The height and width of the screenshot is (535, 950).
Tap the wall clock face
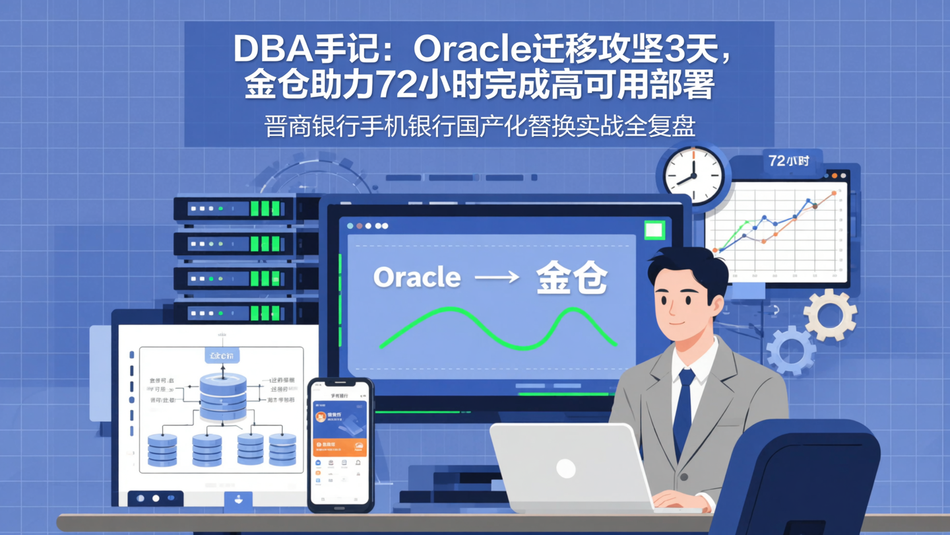pyautogui.click(x=693, y=175)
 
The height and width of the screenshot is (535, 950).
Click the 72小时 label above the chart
pyautogui.click(x=788, y=160)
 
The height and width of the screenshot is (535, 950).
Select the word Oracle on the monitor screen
pyautogui.click(x=417, y=277)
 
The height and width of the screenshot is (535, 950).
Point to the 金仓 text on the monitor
pyautogui.click(x=571, y=277)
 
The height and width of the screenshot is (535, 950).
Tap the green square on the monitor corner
pyautogui.click(x=654, y=230)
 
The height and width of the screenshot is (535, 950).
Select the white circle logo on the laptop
pyautogui.click(x=565, y=468)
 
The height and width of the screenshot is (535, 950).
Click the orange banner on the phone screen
pyautogui.click(x=340, y=447)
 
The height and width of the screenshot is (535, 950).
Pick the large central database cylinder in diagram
pyautogui.click(x=222, y=396)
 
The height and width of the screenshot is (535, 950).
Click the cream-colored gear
pyautogui.click(x=830, y=314)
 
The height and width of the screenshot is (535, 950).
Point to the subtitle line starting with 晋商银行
pyautogui.click(x=480, y=125)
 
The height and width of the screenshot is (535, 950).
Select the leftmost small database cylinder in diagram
pyautogui.click(x=162, y=450)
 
